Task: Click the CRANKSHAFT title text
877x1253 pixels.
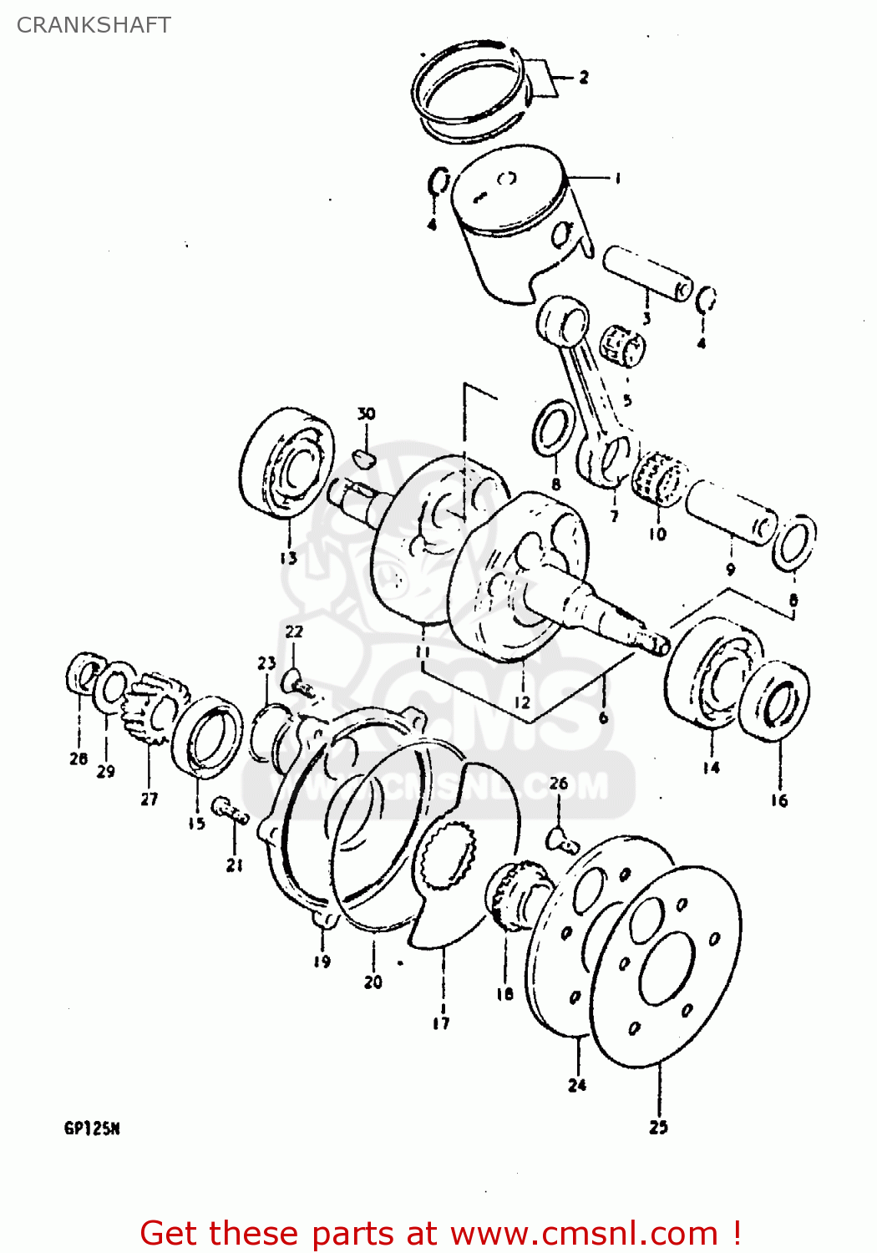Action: [94, 25]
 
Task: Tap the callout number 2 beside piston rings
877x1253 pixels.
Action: [584, 78]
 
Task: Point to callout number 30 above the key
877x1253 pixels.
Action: [366, 414]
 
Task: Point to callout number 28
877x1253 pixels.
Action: [79, 758]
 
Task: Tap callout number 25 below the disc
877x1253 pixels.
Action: [658, 1127]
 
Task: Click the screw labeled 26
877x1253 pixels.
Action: [562, 840]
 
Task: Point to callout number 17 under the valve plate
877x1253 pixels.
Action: [441, 1022]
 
